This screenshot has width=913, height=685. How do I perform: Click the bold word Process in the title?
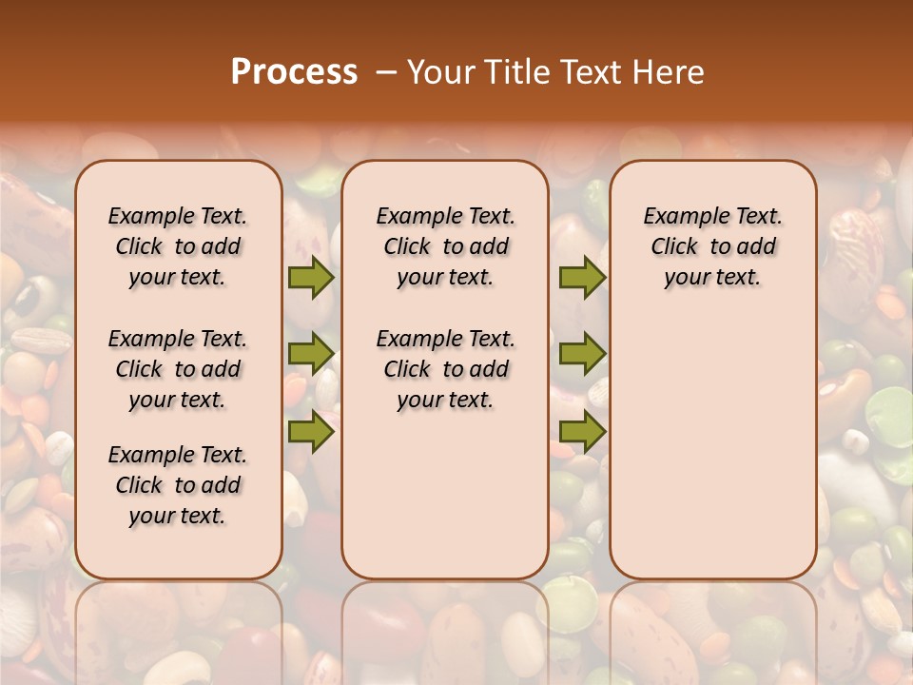click(x=294, y=72)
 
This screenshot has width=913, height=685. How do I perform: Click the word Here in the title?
click(x=669, y=72)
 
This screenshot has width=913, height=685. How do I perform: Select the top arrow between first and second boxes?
click(x=311, y=277)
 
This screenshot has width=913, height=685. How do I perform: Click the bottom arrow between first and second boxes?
click(x=311, y=432)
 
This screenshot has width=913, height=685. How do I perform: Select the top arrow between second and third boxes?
click(x=582, y=277)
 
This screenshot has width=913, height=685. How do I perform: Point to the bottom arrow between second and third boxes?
click(x=582, y=432)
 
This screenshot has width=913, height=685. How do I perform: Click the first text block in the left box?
click(x=178, y=246)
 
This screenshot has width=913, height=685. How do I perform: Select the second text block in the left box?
click(x=178, y=369)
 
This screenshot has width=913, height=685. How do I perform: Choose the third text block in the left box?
click(x=178, y=485)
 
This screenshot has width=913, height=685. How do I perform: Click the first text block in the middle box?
click(x=446, y=246)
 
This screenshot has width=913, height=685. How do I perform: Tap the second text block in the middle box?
click(x=446, y=369)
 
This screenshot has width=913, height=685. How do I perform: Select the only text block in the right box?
click(x=713, y=246)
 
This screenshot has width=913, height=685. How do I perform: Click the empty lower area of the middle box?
click(x=446, y=495)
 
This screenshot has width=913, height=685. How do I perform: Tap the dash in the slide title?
click(x=386, y=72)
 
